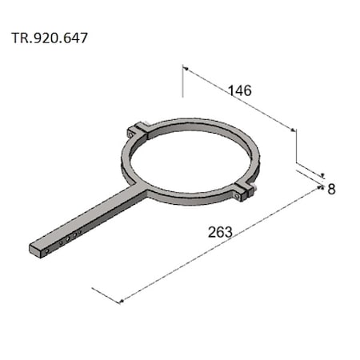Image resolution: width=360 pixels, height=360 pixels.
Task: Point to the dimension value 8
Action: (331, 190)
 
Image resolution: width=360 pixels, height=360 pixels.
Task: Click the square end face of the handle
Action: (34, 250)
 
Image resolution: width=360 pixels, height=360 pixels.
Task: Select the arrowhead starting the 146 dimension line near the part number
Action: (186, 70)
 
